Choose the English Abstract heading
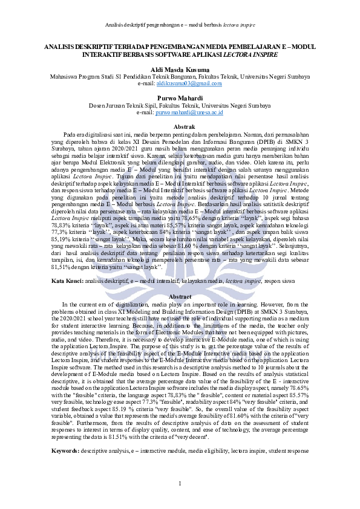(180, 297)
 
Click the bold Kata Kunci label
(67, 282)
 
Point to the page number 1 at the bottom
(180, 482)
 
